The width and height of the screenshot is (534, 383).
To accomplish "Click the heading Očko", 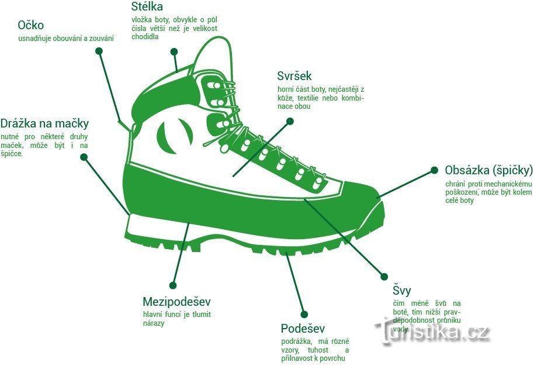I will [30, 25].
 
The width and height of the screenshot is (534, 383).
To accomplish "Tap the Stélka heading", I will [147, 7].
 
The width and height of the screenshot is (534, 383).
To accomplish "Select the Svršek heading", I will [294, 76].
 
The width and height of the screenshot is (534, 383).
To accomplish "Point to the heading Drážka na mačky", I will [44, 123].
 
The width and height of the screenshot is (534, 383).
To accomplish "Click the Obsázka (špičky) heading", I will [488, 170].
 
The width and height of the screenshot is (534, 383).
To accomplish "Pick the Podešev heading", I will [303, 329].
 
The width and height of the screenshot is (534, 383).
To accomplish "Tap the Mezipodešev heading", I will [176, 302].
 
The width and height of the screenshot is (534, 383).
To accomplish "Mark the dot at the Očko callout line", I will [99, 51].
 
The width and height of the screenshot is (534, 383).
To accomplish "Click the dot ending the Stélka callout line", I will [174, 51].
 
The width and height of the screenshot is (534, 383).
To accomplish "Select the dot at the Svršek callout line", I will [289, 121].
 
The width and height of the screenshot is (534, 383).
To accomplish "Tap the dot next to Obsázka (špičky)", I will [434, 170].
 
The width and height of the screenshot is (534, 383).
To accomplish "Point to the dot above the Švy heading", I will [384, 277].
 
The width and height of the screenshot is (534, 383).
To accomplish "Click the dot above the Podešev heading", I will [303, 314].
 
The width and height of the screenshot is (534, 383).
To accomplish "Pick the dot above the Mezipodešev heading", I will [173, 285].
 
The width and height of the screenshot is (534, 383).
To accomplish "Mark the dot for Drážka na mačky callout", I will [84, 157].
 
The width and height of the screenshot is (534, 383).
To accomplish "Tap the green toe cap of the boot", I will [356, 205].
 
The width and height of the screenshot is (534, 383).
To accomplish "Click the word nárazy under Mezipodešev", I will [154, 323].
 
